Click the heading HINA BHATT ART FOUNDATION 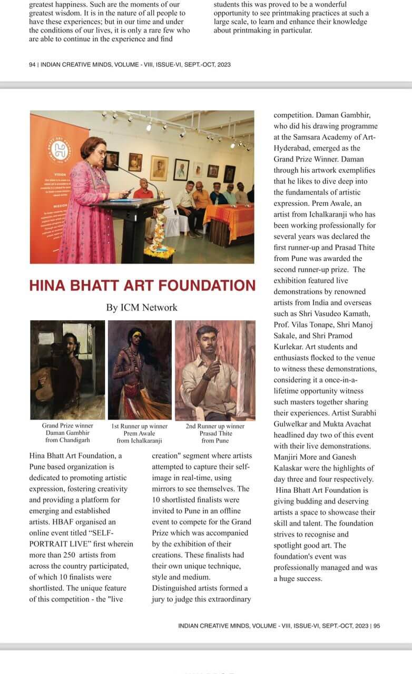142,285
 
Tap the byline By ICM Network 142,308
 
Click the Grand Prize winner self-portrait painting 67,370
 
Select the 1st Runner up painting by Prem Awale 140,370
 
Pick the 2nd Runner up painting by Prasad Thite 215,370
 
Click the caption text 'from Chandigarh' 67,441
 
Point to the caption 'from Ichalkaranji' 140,441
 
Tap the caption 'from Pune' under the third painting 215,441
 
